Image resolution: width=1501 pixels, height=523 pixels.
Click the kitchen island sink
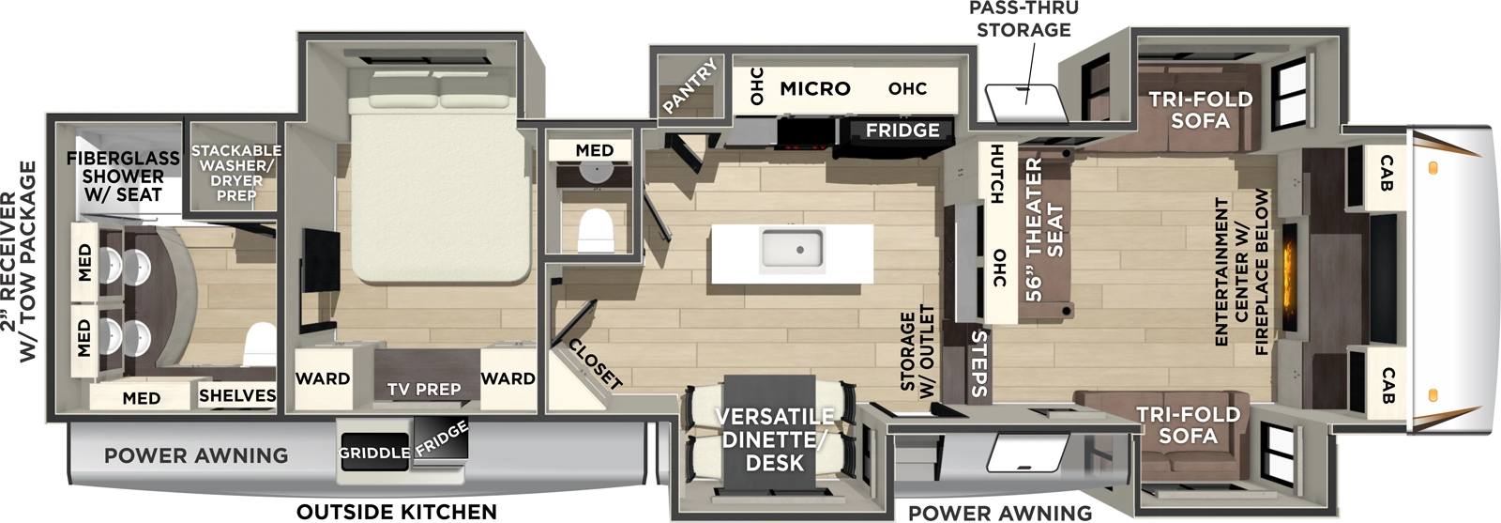(x=792, y=250)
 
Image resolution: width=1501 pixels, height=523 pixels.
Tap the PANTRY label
(x=690, y=86)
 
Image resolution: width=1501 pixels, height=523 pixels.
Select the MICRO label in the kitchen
(x=814, y=88)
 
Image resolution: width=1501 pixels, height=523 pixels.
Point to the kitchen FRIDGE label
(x=902, y=131)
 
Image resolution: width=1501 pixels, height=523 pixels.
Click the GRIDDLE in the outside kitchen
(x=373, y=453)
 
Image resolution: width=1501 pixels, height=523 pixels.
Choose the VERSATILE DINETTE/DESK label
(x=774, y=439)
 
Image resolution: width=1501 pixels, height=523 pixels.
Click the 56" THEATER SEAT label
(x=1044, y=229)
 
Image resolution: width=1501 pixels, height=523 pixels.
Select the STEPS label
(x=978, y=362)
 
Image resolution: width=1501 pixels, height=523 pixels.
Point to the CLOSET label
(x=595, y=364)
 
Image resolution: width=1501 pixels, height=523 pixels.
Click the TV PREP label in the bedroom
(x=424, y=389)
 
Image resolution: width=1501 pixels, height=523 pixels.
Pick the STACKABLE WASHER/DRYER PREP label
(x=235, y=173)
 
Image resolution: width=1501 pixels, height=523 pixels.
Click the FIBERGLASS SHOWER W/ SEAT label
(x=123, y=176)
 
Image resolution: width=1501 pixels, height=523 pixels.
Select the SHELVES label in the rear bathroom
(x=237, y=396)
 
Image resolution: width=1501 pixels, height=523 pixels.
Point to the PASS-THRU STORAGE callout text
(x=1023, y=19)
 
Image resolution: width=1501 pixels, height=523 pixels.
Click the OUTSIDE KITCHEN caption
(x=397, y=512)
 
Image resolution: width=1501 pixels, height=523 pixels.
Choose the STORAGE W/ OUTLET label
(x=917, y=351)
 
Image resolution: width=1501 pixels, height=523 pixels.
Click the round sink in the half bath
(x=593, y=171)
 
